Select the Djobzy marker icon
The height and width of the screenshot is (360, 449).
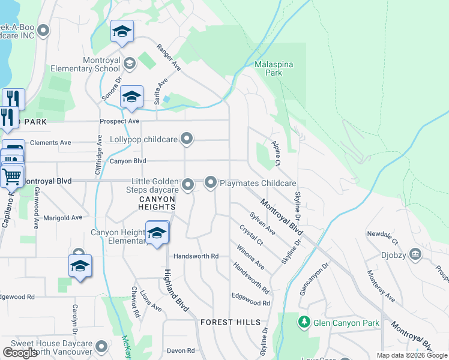point(415,254)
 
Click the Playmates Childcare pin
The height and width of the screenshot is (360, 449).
point(211,182)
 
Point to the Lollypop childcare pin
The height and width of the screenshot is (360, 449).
point(187,139)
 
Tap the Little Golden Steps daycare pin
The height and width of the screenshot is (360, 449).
point(188,184)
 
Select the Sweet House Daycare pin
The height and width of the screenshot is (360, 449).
point(101,346)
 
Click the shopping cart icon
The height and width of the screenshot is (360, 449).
point(11,176)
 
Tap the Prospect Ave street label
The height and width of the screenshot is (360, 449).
point(119,121)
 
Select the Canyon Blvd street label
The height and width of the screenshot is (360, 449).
point(128,161)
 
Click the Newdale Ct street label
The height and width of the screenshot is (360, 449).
point(383,235)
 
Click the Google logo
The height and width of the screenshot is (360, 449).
point(20,353)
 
